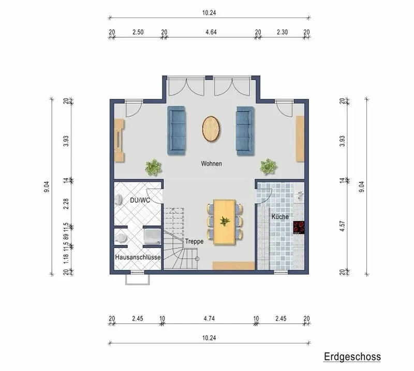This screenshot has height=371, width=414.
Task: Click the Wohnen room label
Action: [211, 163]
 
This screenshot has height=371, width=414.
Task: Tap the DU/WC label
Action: [140, 200]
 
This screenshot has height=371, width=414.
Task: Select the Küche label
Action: [280, 217]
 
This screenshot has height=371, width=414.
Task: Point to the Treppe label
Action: [195, 241]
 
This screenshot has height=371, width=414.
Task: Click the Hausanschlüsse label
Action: [138, 257]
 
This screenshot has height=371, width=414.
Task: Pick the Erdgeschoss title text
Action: [352, 357]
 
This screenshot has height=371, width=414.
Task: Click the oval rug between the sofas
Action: [211, 129]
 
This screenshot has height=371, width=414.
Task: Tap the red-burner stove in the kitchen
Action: [299, 227]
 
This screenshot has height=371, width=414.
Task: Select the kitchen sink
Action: [300, 194]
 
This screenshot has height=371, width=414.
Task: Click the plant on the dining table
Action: [224, 221]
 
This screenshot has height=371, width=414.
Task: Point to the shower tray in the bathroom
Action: [152, 237]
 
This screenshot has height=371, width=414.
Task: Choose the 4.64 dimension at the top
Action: [211, 32]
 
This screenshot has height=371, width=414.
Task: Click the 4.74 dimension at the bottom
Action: [209, 318]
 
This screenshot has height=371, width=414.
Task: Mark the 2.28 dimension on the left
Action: [66, 204]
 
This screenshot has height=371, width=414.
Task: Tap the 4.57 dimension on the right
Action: [342, 226]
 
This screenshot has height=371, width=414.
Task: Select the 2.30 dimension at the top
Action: [282, 32]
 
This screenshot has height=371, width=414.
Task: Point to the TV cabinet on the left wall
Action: [119, 140]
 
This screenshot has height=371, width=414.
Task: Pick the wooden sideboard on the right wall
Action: [300, 138]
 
